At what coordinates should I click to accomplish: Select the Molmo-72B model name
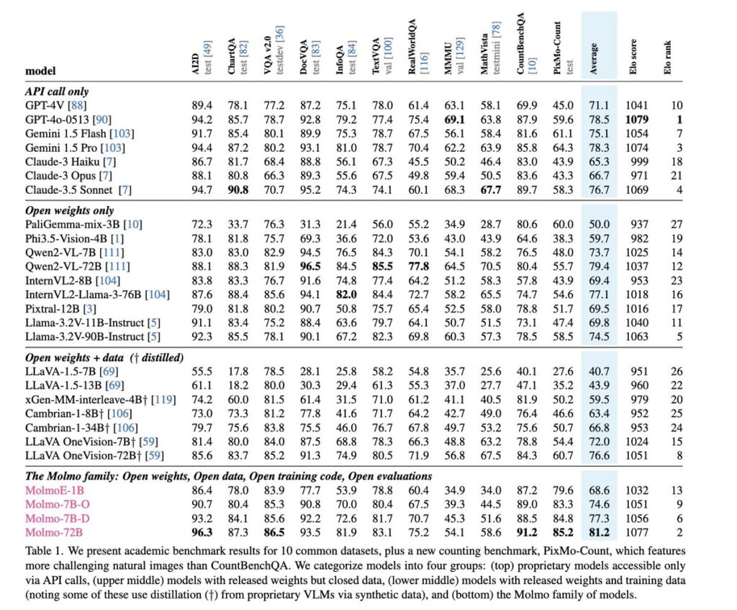point(54,532)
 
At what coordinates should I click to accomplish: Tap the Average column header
point(594,58)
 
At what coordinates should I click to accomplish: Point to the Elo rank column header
point(667,57)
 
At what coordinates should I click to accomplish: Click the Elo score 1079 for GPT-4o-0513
point(636,120)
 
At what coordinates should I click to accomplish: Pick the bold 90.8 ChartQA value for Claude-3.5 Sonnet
point(238,190)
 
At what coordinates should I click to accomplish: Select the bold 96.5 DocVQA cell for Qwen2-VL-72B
point(310,266)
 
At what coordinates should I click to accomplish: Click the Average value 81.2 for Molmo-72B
point(599,532)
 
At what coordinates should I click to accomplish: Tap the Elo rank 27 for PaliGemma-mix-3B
point(677,225)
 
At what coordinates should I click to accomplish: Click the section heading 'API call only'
point(57,91)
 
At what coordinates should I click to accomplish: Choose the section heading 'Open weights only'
point(70,211)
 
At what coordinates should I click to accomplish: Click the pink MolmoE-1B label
point(55,490)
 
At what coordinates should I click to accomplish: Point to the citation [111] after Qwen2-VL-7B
point(114,253)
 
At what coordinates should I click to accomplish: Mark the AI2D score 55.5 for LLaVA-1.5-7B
point(202,372)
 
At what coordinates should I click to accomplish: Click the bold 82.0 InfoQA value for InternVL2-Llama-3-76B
point(346,295)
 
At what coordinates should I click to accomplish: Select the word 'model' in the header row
point(40,71)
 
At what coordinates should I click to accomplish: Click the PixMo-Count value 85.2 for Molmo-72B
point(563,532)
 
